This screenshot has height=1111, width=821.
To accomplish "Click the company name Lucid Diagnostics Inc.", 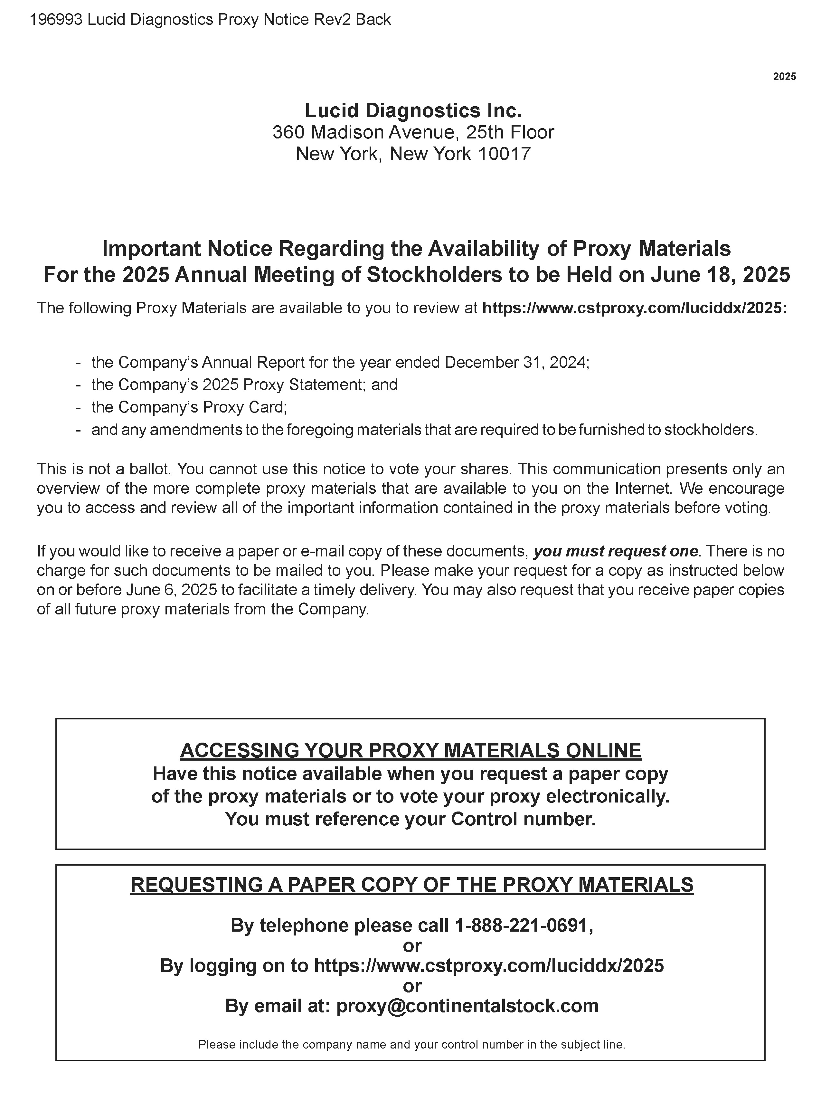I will [413, 110].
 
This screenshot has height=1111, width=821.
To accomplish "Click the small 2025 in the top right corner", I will [784, 77].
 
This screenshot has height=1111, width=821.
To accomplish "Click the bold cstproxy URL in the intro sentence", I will [635, 308].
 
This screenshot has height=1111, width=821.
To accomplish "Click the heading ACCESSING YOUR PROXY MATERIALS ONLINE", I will [410, 750].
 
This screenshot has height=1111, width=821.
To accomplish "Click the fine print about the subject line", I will [411, 1044].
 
